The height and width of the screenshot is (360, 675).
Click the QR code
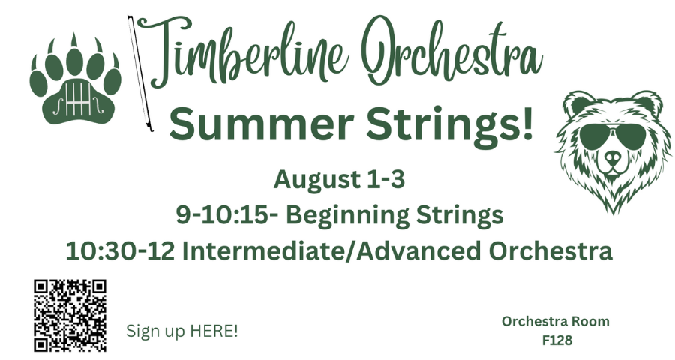tap(70, 315)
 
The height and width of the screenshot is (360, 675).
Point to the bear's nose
tap(613, 159)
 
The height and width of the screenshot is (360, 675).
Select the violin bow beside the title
tap(140, 73)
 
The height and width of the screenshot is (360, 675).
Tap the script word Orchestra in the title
tap(451, 52)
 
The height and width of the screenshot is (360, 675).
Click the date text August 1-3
tap(339, 179)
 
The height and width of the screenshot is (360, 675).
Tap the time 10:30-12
tap(120, 251)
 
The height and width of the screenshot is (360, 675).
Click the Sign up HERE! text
tap(181, 331)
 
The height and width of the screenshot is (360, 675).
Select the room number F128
tap(557, 340)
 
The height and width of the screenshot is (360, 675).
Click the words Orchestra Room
tap(555, 321)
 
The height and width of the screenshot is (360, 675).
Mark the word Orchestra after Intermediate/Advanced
tap(550, 251)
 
